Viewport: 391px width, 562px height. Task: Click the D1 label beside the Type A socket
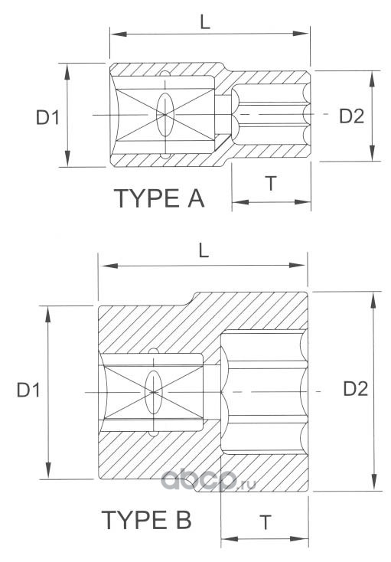point(47,117)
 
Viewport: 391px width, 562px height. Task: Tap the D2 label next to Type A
point(352,116)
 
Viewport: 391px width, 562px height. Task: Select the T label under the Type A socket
point(272,184)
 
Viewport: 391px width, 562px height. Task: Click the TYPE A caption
point(159,198)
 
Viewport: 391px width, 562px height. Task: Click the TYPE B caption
point(147,519)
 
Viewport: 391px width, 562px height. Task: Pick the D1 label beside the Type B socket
point(28,389)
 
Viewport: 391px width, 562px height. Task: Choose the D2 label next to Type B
point(356,388)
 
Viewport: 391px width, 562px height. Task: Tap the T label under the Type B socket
point(266,522)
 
